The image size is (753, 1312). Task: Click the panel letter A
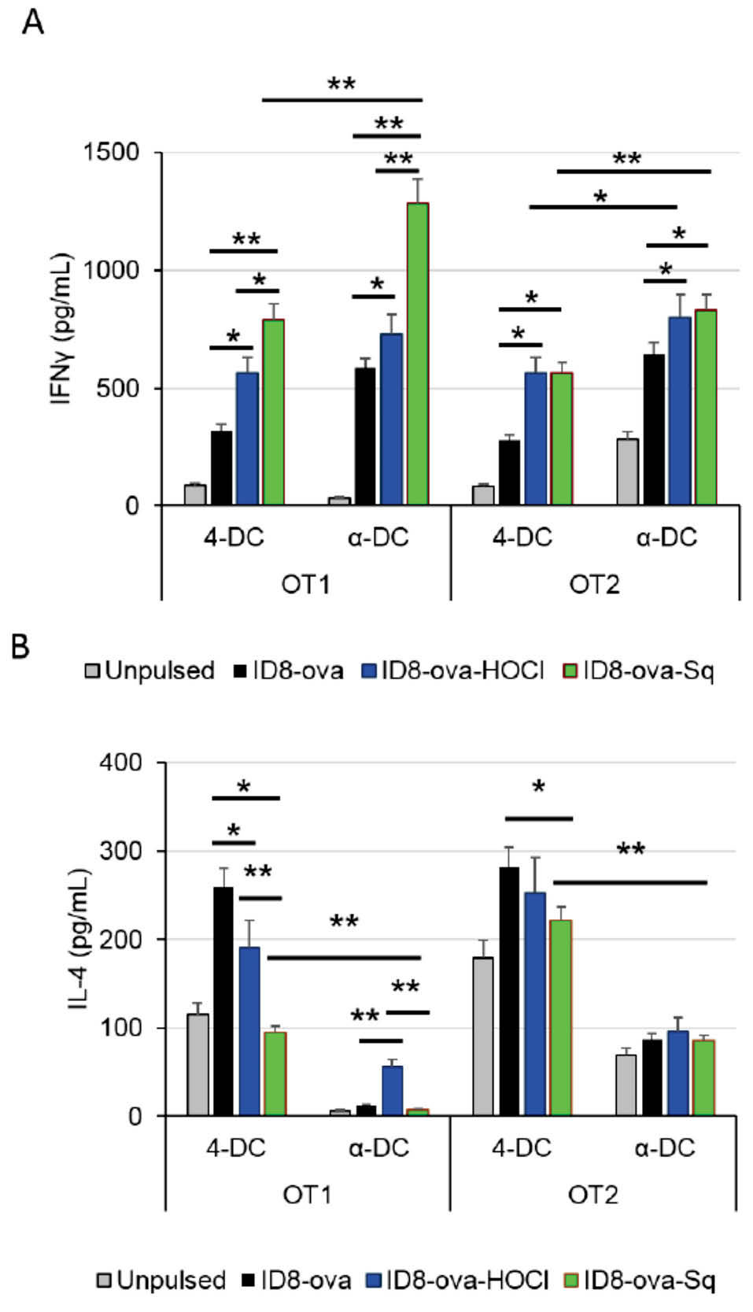pyautogui.click(x=33, y=23)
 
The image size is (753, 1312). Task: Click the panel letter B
pyautogui.click(x=20, y=646)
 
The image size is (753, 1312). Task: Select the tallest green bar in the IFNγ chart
pyautogui.click(x=417, y=354)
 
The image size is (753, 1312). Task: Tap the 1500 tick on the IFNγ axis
pyautogui.click(x=111, y=152)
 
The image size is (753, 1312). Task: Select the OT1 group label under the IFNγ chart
pyautogui.click(x=305, y=585)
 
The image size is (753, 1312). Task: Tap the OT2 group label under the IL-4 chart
pyautogui.click(x=592, y=1195)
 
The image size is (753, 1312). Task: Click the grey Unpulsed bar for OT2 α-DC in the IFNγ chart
pyautogui.click(x=627, y=472)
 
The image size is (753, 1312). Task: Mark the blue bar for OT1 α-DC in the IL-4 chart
pyautogui.click(x=392, y=1091)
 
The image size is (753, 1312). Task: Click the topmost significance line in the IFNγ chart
pyautogui.click(x=341, y=100)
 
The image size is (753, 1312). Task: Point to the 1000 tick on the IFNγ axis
pyautogui.click(x=111, y=270)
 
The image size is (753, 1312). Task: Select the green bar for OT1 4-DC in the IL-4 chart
pyautogui.click(x=275, y=1074)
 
